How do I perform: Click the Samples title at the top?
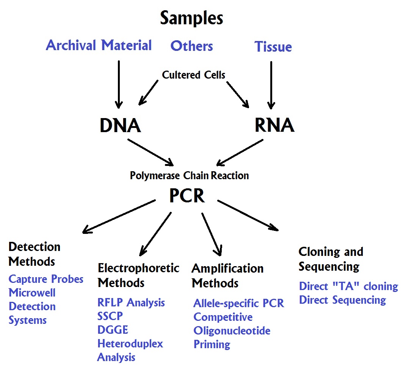point(191,18)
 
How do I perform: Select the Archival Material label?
point(99,45)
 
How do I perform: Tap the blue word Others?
point(191,46)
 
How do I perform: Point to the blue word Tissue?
point(273,47)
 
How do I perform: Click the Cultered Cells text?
point(193,75)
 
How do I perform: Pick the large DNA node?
point(120,126)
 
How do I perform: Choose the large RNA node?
point(274,126)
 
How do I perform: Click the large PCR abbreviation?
point(187,196)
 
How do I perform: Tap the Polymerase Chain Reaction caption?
point(189,176)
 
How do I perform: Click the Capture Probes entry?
point(46,279)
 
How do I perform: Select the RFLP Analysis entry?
point(131,303)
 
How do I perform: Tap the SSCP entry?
point(110,316)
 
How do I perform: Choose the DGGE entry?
point(113,330)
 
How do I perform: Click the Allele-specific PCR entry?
point(238,303)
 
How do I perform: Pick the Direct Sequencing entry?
point(342,300)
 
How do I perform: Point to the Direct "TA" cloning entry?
point(348,286)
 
